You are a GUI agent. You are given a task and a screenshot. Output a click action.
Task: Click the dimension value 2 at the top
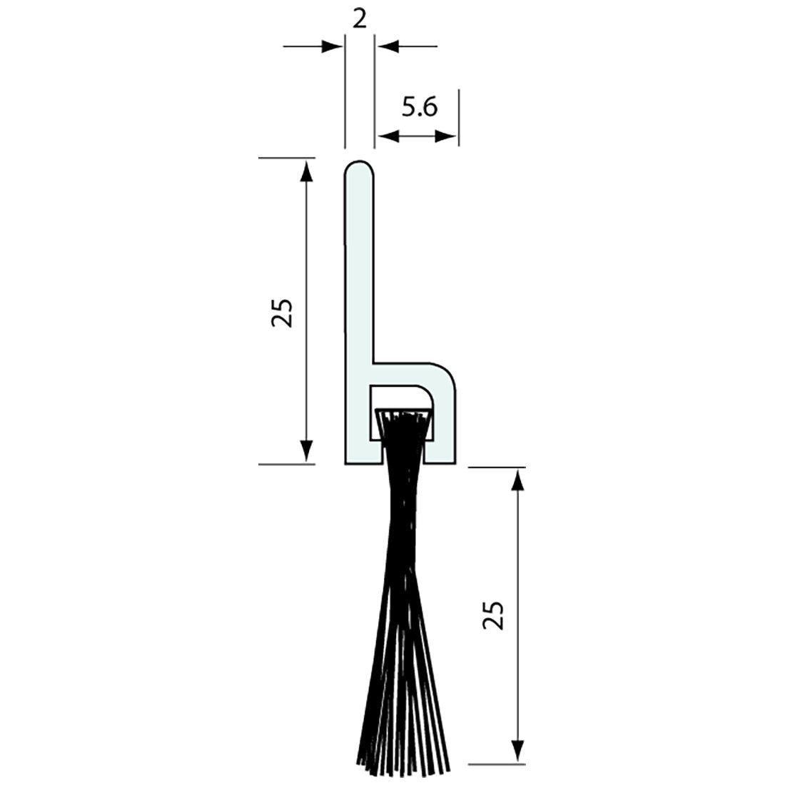360,19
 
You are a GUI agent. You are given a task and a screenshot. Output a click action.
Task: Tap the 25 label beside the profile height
283,312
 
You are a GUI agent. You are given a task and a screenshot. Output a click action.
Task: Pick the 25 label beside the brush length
493,614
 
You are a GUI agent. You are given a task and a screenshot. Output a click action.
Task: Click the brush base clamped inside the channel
403,415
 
